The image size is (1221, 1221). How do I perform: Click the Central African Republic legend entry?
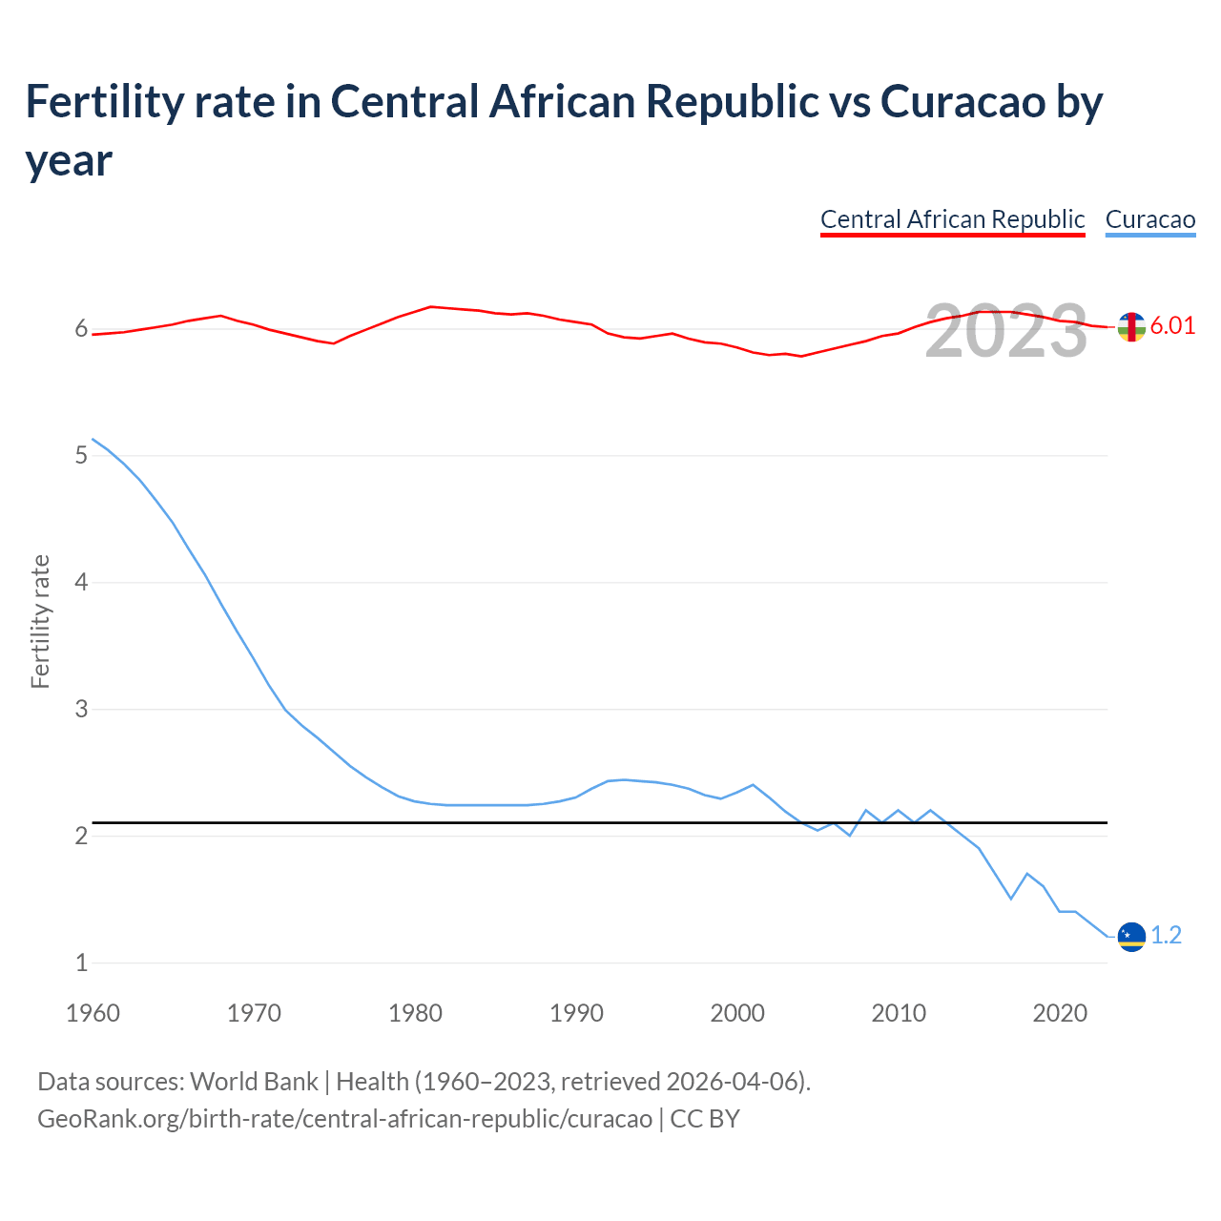(x=952, y=219)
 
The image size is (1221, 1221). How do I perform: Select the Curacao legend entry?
(x=1149, y=219)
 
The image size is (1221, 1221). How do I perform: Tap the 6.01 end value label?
(x=1172, y=325)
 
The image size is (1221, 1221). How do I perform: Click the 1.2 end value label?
(x=1166, y=936)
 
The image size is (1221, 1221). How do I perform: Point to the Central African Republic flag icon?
(x=1131, y=327)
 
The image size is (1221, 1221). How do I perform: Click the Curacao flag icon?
(x=1131, y=937)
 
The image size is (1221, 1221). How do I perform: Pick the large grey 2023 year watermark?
(x=1006, y=331)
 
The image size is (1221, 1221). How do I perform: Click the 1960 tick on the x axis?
(x=93, y=1012)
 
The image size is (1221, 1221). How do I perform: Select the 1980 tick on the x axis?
(x=415, y=1012)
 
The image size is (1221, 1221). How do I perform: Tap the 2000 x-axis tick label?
(x=737, y=1012)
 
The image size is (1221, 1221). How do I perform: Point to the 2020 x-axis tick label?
(x=1060, y=1012)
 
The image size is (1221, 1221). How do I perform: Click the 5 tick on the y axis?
(x=81, y=455)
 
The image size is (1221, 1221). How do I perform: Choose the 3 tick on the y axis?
(x=81, y=709)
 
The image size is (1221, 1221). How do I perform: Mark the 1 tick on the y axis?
(x=81, y=962)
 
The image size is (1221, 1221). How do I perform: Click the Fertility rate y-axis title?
(x=40, y=621)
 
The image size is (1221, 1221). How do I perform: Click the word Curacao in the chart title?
(x=962, y=101)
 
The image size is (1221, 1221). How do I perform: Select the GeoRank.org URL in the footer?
(x=344, y=1118)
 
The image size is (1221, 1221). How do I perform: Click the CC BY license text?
(x=705, y=1118)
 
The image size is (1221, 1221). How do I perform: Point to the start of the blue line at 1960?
(x=93, y=440)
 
